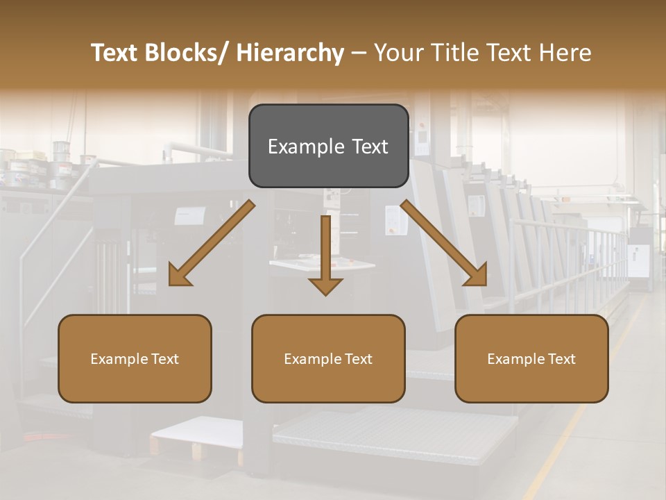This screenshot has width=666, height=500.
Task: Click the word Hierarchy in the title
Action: click(x=290, y=53)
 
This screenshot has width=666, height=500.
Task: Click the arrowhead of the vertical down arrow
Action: click(x=325, y=285)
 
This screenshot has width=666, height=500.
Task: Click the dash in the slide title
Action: click(x=359, y=53)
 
